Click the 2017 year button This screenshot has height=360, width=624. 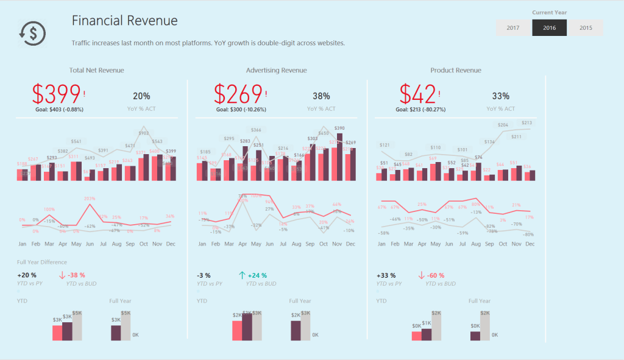(x=513, y=28)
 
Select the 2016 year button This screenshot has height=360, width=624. (x=549, y=28)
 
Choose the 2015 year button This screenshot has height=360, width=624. (x=586, y=28)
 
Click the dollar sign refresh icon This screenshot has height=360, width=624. (x=31, y=33)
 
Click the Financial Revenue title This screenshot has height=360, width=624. (x=124, y=21)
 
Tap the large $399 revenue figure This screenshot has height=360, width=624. (x=57, y=94)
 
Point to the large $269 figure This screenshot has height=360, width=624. (x=238, y=94)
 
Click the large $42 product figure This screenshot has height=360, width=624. (x=418, y=94)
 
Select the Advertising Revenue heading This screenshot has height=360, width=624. (x=276, y=70)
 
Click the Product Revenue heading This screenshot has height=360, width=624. (x=455, y=70)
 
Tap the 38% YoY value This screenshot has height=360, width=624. (x=321, y=96)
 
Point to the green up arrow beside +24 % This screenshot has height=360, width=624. (x=242, y=275)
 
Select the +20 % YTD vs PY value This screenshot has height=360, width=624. (x=27, y=275)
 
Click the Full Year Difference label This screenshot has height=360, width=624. (x=42, y=262)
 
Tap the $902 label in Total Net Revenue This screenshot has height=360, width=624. (x=144, y=133)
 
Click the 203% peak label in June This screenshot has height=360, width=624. (x=90, y=199)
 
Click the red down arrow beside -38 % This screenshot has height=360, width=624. (x=62, y=275)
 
